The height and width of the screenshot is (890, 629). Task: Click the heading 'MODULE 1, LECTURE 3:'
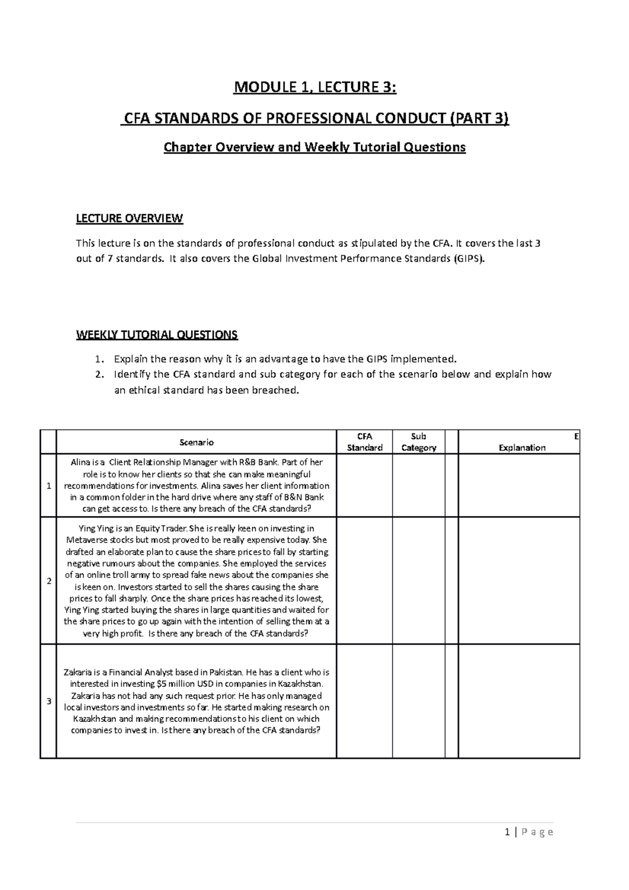pos(314,88)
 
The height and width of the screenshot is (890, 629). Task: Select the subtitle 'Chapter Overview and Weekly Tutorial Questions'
pos(314,147)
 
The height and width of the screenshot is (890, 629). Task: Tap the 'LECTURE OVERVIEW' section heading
pos(129,219)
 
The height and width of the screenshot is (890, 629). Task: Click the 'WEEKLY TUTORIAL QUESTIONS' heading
pos(157,334)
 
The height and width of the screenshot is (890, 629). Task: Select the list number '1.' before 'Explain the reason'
pos(99,360)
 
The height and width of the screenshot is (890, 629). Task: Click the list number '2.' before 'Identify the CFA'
pos(99,375)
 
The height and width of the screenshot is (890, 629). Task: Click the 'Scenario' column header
pos(196,442)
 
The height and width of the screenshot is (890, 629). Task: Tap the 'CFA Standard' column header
pos(364,442)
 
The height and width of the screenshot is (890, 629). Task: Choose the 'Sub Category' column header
pos(418,442)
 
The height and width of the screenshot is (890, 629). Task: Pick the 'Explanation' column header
pos(522,448)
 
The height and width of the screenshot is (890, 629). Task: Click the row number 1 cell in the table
pos(49,486)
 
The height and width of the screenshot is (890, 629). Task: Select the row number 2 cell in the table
pos(49,581)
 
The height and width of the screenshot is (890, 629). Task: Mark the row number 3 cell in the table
pos(49,701)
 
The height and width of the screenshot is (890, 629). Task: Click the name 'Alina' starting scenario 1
pos(81,462)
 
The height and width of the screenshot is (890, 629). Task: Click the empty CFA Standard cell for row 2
pos(364,581)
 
